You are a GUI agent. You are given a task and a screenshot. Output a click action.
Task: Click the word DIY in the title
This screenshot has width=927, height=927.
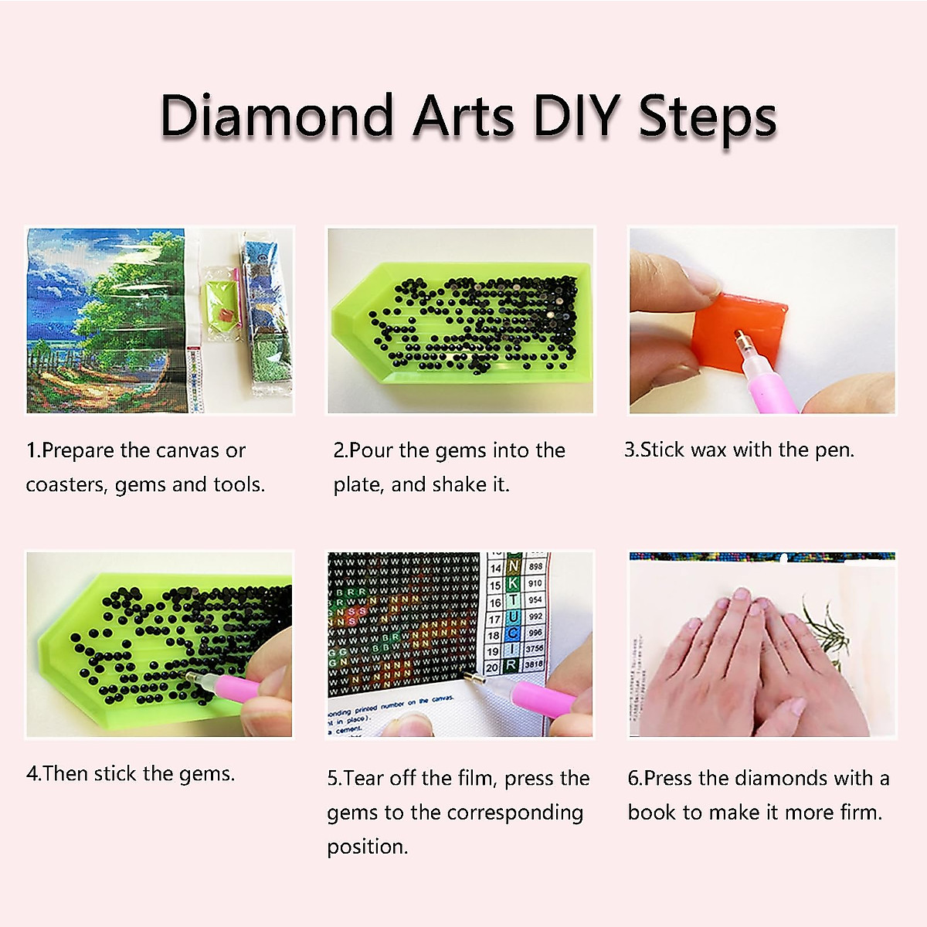[x=576, y=117]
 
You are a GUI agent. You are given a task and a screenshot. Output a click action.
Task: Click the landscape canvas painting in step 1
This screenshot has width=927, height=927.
[x=106, y=321]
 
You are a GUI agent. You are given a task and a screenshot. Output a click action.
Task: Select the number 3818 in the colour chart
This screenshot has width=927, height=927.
[x=535, y=664]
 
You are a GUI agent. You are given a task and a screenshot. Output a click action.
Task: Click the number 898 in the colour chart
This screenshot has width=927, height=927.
[x=535, y=566]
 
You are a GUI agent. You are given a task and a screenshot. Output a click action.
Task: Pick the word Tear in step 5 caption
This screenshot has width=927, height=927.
[x=364, y=778]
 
